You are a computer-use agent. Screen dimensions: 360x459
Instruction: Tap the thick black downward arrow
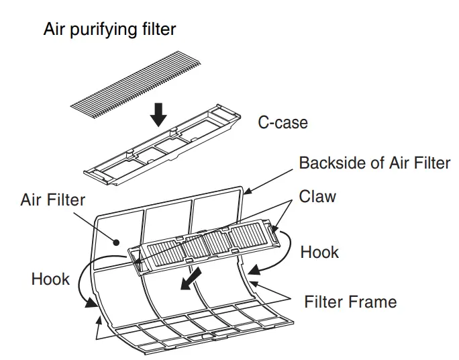tap(158, 114)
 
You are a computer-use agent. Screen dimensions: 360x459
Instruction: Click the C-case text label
tap(283, 123)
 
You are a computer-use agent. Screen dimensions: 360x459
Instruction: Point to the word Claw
tap(318, 197)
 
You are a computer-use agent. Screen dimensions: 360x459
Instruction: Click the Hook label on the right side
tap(319, 252)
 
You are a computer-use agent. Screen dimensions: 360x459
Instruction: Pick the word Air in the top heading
tap(56, 30)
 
